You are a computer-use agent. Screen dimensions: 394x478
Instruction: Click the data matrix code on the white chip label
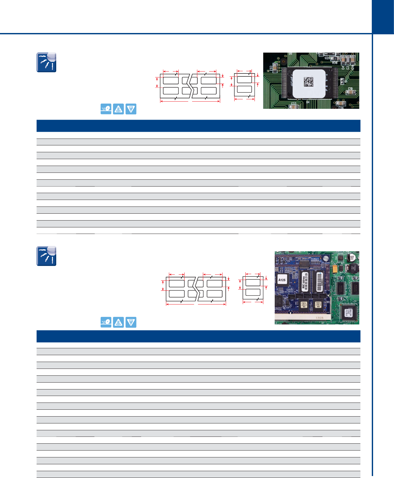pyautogui.click(x=309, y=81)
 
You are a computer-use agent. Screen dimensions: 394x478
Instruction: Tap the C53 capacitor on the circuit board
pyautogui.click(x=275, y=68)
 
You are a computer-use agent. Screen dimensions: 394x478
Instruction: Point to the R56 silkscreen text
pyautogui.click(x=335, y=62)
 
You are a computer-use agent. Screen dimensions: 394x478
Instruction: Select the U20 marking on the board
pyautogui.click(x=327, y=58)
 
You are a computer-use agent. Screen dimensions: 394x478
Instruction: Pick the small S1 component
pyautogui.click(x=341, y=81)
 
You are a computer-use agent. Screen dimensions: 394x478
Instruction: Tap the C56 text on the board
pyautogui.click(x=341, y=107)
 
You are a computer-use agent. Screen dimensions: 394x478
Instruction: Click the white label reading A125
pyautogui.click(x=282, y=280)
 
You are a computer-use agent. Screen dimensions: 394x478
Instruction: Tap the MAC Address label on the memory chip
pyautogui.click(x=304, y=282)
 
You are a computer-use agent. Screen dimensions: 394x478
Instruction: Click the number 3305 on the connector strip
pyautogui.click(x=319, y=318)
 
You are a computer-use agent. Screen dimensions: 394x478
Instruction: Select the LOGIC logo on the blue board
pyautogui.click(x=290, y=289)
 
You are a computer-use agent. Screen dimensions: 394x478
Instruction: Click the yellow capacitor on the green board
pyautogui.click(x=334, y=269)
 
